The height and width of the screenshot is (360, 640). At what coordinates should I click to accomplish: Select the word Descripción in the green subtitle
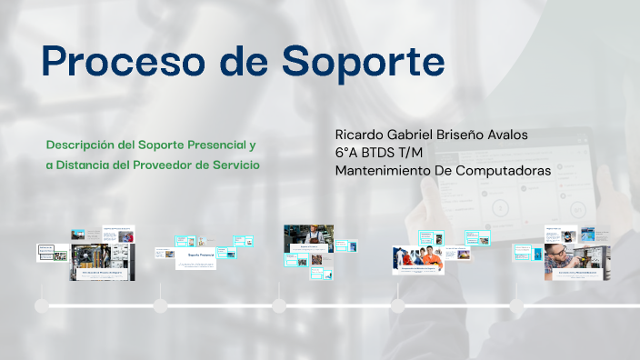[83, 145]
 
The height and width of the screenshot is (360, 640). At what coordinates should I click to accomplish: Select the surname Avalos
[528, 135]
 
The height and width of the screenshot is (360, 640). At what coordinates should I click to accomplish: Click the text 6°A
[346, 152]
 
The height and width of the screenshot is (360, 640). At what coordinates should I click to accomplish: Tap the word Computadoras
[504, 169]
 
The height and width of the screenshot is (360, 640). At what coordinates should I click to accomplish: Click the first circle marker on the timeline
[42, 306]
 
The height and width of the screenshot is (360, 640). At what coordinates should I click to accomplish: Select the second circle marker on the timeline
[161, 306]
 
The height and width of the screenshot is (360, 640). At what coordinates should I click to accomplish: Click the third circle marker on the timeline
[280, 306]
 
